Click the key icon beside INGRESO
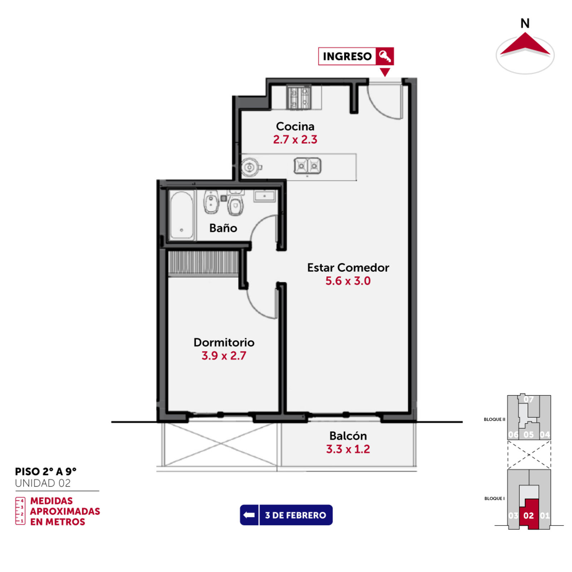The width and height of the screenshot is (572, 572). tap(385, 56)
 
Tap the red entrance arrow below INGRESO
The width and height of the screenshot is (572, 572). tap(385, 72)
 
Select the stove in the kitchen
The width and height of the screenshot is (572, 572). tap(299, 97)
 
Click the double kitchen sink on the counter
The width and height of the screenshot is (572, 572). tap(307, 166)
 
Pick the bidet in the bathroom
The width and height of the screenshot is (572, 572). tap(211, 202)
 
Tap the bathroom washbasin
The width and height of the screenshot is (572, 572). tap(265, 196)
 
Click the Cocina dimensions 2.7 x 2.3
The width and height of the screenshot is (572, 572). tap(295, 139)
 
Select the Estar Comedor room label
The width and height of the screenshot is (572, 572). tap(348, 267)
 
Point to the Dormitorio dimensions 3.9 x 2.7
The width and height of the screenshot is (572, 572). tap(224, 356)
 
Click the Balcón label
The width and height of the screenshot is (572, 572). tap(348, 436)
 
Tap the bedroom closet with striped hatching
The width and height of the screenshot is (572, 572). tap(203, 263)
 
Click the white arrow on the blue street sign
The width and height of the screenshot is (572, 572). tap(249, 515)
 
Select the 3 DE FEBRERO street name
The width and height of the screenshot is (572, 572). tap(295, 515)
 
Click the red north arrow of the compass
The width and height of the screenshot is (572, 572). tap(525, 45)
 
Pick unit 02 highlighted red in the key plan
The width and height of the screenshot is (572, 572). tap(529, 514)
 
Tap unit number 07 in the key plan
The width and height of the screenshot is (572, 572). tap(528, 399)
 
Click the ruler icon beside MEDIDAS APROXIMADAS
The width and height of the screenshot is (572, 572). tap(20, 511)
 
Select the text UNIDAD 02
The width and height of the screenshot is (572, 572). tap(43, 483)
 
